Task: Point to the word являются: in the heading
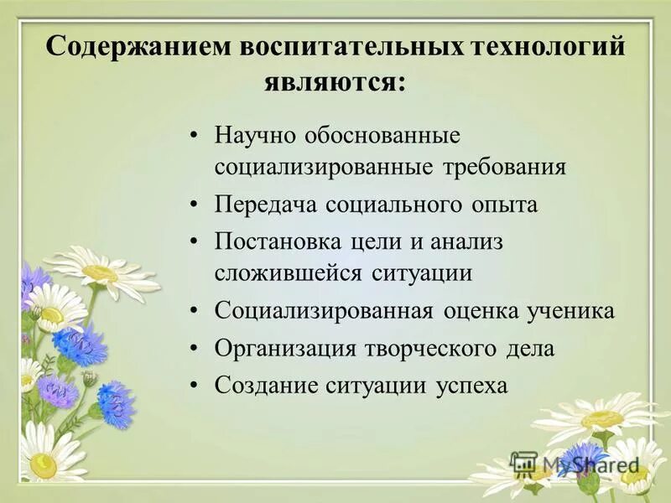tap(335, 82)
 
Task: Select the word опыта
tap(504, 205)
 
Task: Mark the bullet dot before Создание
tap(195, 385)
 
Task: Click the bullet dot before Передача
tap(195, 205)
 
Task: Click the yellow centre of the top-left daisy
tap(100, 273)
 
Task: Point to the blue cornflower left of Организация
tap(80, 344)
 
